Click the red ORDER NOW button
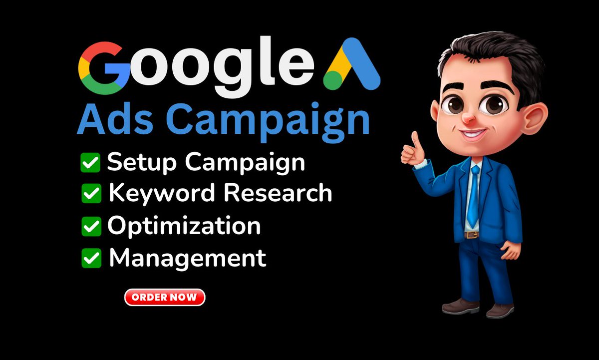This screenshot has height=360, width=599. click(165, 298)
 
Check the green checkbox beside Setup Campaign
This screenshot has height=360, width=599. click(90, 163)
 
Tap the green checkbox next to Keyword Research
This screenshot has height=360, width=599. click(91, 194)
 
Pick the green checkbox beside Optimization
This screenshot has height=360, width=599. click(91, 226)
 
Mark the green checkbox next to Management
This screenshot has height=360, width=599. click(91, 258)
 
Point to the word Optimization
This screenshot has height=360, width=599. click(184, 226)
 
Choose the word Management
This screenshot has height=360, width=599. click(187, 258)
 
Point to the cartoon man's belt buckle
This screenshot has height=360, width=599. click(472, 234)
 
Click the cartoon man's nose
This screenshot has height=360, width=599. click(467, 118)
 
